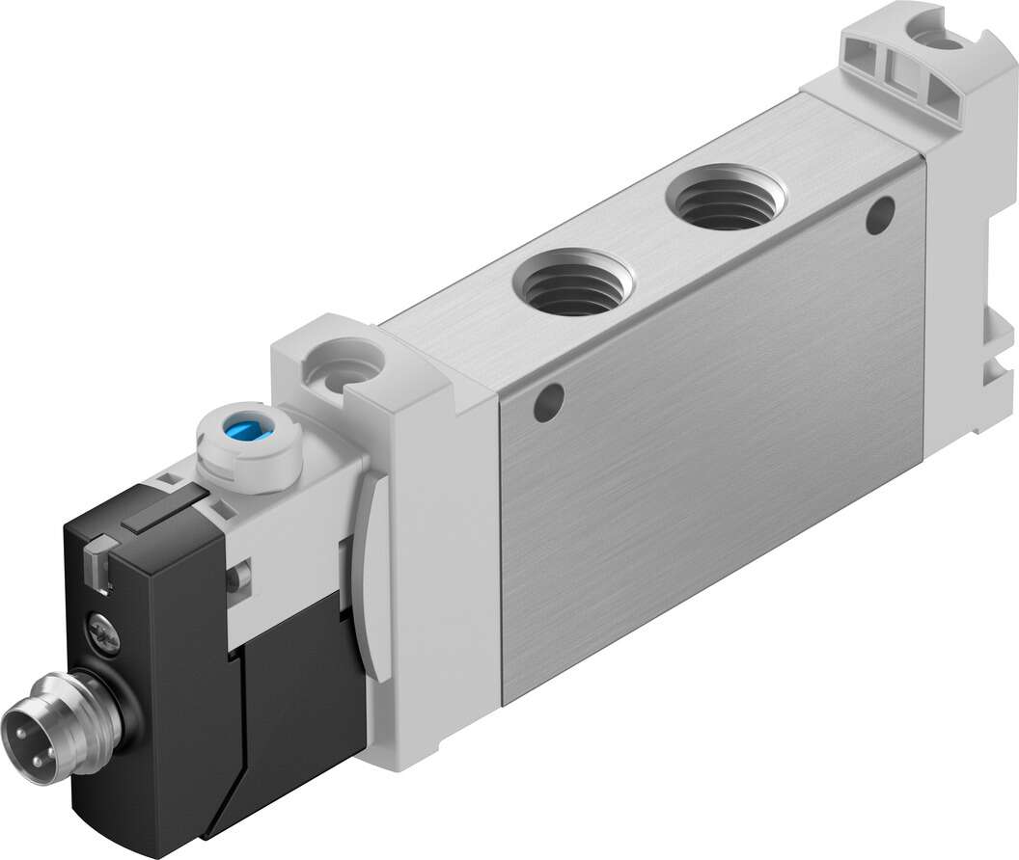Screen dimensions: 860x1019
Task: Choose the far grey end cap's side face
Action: pyautogui.click(x=965, y=289)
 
